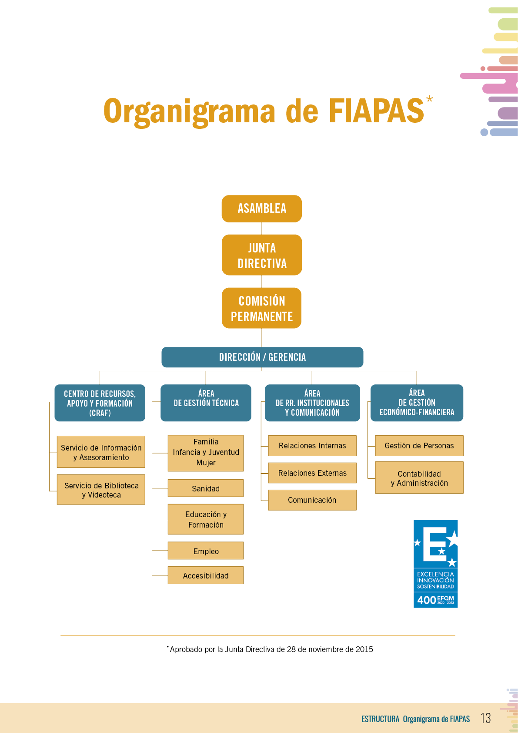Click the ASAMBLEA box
click(x=262, y=209)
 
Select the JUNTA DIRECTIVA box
click(x=262, y=255)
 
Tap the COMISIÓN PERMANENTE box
click(x=262, y=308)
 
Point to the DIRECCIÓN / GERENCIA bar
click(x=262, y=357)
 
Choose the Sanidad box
click(x=205, y=488)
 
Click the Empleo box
click(x=205, y=551)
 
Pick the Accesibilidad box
click(x=205, y=575)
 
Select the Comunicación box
click(x=312, y=500)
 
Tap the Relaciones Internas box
click(x=312, y=446)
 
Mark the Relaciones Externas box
click(x=312, y=473)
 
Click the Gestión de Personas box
click(x=419, y=446)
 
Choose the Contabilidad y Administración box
click(x=419, y=478)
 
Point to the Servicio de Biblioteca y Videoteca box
click(x=101, y=490)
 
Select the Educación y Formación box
click(x=205, y=520)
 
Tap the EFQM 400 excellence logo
click(x=435, y=564)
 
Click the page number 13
click(x=486, y=718)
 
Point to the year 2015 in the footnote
click(x=364, y=649)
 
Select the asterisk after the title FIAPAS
click(x=429, y=99)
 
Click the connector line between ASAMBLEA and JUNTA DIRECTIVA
click(x=262, y=229)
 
